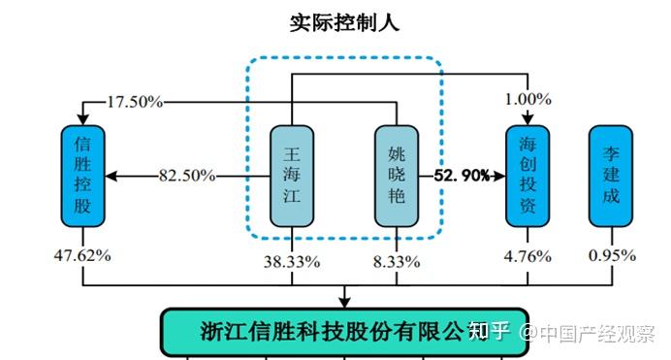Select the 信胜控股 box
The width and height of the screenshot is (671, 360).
[82, 176]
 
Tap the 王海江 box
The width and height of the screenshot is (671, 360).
[293, 176]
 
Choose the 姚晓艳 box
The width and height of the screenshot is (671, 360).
[397, 176]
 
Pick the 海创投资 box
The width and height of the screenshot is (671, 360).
[528, 176]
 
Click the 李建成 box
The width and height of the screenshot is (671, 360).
[611, 176]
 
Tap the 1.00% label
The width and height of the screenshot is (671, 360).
[528, 99]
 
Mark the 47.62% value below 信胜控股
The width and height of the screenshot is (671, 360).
[82, 256]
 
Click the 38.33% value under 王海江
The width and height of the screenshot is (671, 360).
[293, 260]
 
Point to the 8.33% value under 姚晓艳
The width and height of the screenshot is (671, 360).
[398, 260]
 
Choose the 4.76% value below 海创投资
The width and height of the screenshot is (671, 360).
[528, 256]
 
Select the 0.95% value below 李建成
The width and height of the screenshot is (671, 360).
[611, 256]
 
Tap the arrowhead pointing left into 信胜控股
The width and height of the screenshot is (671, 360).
[111, 176]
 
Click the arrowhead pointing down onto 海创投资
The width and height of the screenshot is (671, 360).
[528, 119]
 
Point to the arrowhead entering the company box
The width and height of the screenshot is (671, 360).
[344, 301]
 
